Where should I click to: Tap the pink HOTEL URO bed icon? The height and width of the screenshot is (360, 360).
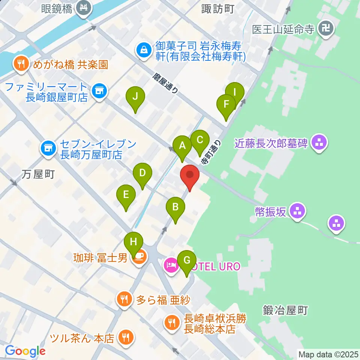(x=171, y=266)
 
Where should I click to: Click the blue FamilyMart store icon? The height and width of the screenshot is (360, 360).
(x=99, y=90)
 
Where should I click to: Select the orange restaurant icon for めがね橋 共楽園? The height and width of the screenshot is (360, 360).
(x=21, y=64)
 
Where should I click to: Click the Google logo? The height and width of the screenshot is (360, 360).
(x=25, y=351)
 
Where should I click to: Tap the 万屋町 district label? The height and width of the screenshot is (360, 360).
(x=38, y=174)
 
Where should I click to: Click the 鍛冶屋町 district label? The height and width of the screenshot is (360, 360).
(x=285, y=310)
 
